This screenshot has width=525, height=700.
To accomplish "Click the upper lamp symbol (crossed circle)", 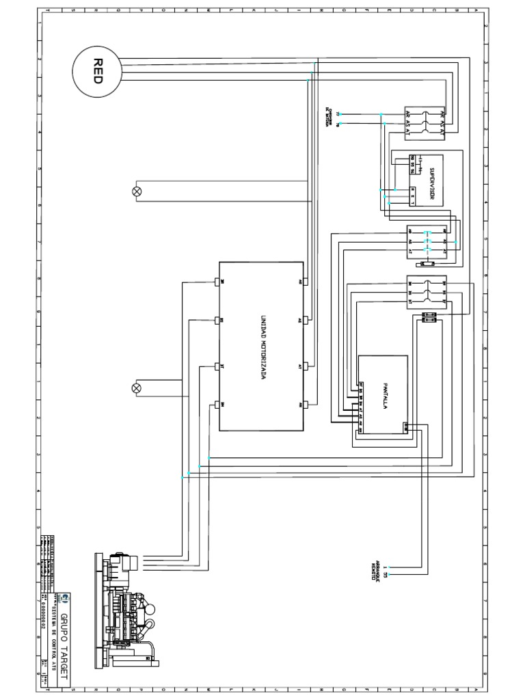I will click(x=136, y=191).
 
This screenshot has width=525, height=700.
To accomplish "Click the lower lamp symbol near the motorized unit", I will click(x=136, y=388).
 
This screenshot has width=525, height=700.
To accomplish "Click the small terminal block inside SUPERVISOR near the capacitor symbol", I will click(x=413, y=161).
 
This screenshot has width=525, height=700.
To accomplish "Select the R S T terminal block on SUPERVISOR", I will click(x=413, y=198).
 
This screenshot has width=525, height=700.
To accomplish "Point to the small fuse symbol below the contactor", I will click(x=429, y=264).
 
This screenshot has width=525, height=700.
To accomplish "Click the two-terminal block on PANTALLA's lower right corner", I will click(x=406, y=428).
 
